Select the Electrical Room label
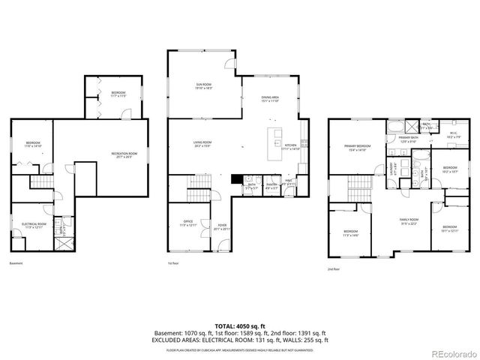point(34,225)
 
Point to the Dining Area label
point(270,99)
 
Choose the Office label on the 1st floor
point(188,223)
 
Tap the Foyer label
point(223,225)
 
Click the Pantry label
point(271,185)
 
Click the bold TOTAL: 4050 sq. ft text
point(240,325)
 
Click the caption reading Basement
point(16,263)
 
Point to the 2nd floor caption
point(334,268)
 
